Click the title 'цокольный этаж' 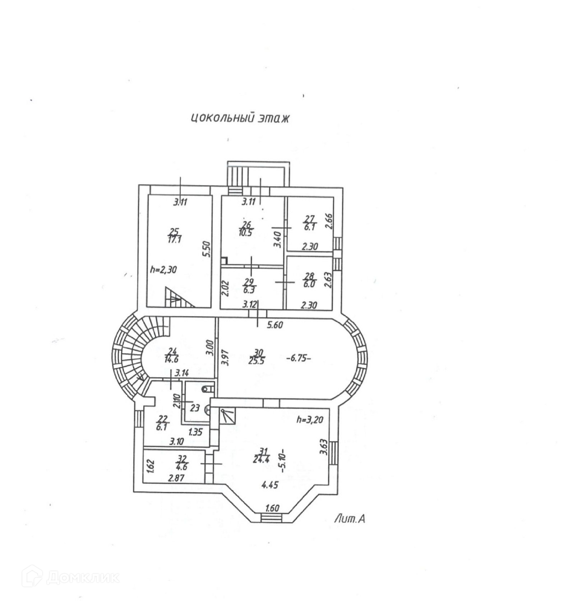pos(240,118)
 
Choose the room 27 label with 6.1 pos(309,223)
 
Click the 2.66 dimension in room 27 pos(329,222)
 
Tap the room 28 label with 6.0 pos(309,280)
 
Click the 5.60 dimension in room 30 pos(276,325)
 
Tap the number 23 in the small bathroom pos(195,409)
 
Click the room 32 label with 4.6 pos(183,463)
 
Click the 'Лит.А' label pos(350,519)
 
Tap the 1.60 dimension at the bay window pos(272,509)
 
